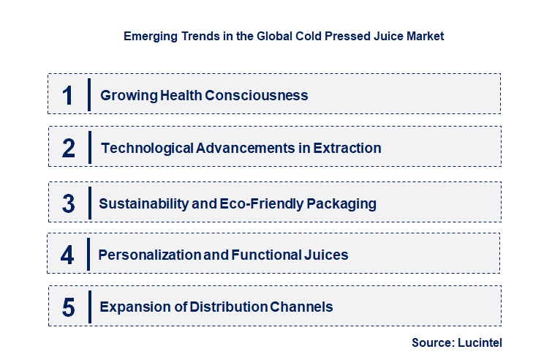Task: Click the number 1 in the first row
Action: coord(68,95)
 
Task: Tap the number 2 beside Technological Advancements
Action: coord(69,149)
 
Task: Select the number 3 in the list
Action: coord(69,203)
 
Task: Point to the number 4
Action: coord(68,255)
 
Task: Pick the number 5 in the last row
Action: coord(69,307)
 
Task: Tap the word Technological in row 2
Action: coord(147,148)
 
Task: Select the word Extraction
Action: coord(347,148)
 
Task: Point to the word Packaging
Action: coord(341,203)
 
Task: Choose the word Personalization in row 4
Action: coord(150,255)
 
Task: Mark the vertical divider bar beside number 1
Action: coord(88,94)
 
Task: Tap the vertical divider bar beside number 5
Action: coord(88,307)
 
